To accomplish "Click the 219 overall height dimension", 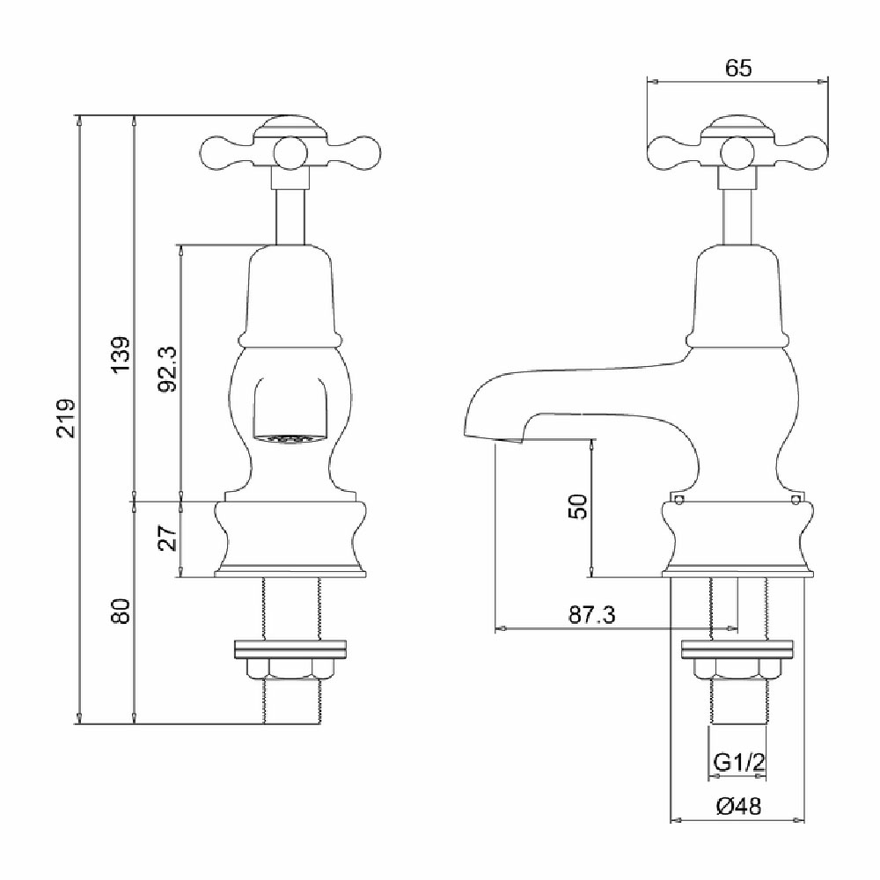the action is coord(66,418).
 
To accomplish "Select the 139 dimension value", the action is coord(121,354).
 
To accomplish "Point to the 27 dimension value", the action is coord(168,538).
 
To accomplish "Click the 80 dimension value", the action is coord(121,612).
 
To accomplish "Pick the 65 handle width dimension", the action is coord(738,68).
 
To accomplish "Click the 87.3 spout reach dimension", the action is coord(591,615).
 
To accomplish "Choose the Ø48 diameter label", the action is coord(739,807).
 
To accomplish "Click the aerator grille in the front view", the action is coord(290,439).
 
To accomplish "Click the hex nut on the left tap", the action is coord(290,670).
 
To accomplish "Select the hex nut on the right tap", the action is coord(737,670).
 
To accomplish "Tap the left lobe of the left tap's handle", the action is coord(220,152).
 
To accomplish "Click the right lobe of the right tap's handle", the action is coord(808,152).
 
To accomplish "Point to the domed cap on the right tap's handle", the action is coord(738,127).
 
